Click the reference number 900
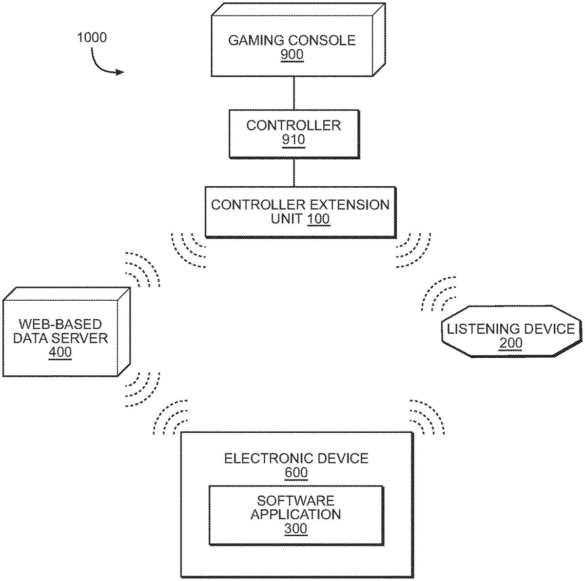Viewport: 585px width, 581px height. pos(292,55)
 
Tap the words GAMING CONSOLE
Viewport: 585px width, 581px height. pos(292,40)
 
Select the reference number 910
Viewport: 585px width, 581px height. pos(293,140)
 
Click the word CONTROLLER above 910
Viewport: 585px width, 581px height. pos(293,125)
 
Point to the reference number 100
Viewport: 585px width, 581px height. pos(319,218)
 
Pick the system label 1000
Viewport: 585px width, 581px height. pos(92,38)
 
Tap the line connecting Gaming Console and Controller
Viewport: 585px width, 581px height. pos(293,93)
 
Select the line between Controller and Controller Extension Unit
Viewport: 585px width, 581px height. pos(293,173)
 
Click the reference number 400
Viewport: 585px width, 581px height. pos(60,352)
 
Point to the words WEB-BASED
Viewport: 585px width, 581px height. pos(60,324)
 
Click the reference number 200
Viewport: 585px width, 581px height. pos(510,343)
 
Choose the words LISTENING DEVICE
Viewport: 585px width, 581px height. pos(510,329)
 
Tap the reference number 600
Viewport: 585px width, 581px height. pos(296,472)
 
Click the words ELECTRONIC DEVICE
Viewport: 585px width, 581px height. pos(296,458)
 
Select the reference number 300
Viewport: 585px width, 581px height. pos(295,528)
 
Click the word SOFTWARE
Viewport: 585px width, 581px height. pos(295,501)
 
